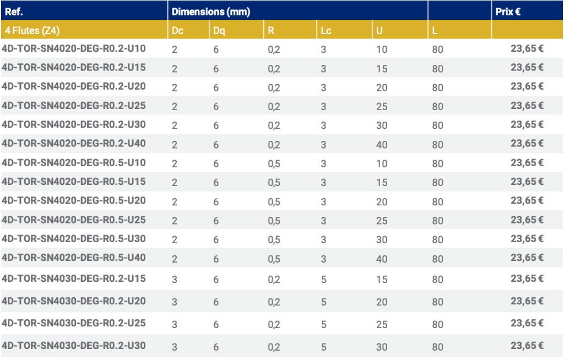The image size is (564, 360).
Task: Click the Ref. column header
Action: coord(14,11)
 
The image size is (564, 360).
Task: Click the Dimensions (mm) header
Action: coord(211,12)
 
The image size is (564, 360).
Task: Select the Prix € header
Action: coord(508,11)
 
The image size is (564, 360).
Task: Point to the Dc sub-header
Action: coord(177,31)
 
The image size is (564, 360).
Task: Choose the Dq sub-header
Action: coord(219,31)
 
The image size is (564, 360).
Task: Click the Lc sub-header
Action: coord(326,31)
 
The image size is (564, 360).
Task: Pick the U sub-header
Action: coord(379,31)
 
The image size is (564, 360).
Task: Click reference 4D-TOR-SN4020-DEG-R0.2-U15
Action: coord(74,67)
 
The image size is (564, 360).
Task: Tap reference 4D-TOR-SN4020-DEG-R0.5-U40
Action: coord(74,257)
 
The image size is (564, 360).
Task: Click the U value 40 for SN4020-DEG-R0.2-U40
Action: coord(382,145)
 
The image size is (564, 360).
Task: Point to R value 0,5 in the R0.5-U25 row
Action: coord(274,221)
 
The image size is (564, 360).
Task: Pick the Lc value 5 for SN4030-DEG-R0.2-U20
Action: coord(324,302)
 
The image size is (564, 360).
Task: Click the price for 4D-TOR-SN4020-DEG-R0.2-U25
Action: coord(527,105)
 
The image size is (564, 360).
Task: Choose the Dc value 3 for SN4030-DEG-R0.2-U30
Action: coord(175,347)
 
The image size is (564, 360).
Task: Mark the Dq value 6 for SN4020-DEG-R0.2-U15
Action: coord(216,69)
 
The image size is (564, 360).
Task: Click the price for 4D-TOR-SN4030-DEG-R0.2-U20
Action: coord(527,301)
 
